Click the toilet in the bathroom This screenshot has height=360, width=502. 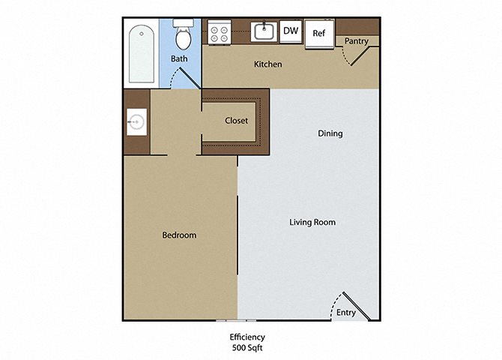pos(183,34)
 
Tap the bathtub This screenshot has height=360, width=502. pos(141,53)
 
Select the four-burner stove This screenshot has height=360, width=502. pos(220,32)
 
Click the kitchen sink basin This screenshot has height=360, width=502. pos(264,31)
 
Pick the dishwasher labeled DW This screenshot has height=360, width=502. pos(291,31)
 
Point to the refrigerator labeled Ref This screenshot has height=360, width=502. pos(319,34)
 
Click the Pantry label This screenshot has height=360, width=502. pos(357,41)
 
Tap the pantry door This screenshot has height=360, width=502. pos(360,56)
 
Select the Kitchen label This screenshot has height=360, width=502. pos(268,64)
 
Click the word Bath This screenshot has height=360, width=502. pos(179,58)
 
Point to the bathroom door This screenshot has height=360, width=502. pos(190,78)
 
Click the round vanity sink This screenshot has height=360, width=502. pos(137,122)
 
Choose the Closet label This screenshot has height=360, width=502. pos(236,121)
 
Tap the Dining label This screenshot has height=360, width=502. pos(330,133)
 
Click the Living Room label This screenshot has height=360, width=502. pos(312,222)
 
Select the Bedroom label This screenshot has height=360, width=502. pos(179,235)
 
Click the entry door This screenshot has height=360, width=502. pos(357,306)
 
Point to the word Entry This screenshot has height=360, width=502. pos(346,313)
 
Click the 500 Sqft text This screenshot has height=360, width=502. pos(247,347)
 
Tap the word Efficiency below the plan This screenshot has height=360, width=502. pos(247,337)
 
